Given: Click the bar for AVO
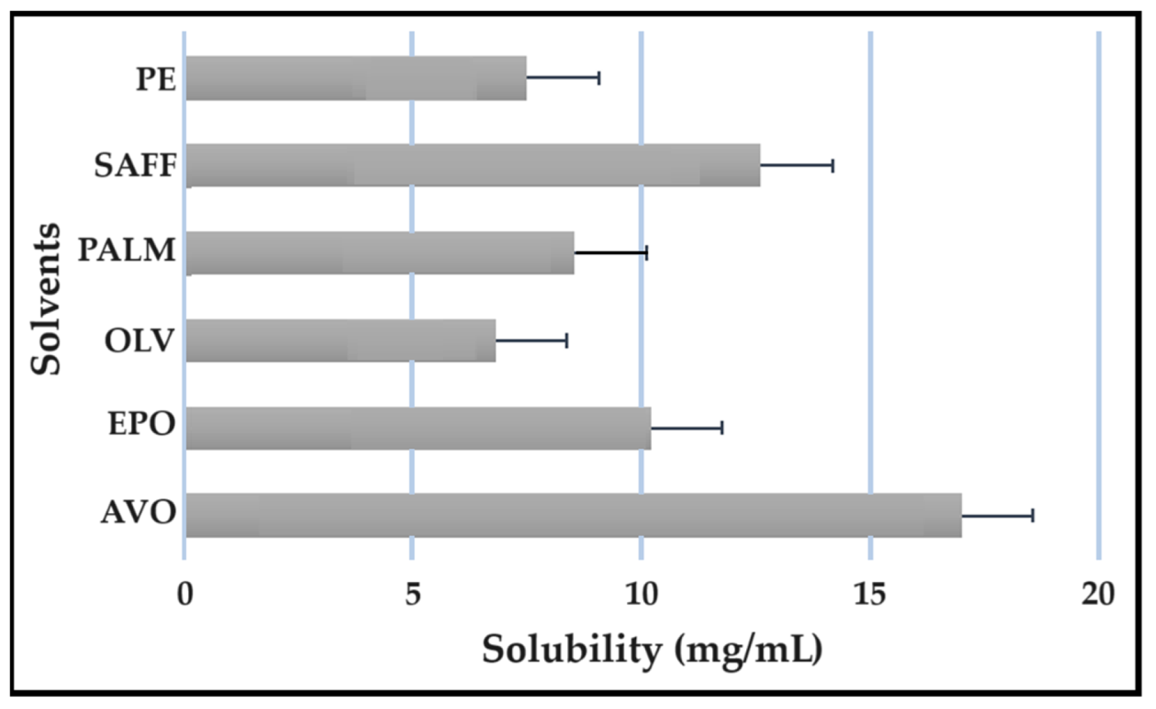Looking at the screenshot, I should (574, 515).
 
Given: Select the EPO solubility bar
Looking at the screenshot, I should (418, 428).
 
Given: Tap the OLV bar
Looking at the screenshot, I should (341, 340).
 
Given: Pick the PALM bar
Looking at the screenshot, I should (380, 252).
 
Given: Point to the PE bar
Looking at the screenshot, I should (356, 78).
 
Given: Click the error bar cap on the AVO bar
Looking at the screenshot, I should (1033, 516).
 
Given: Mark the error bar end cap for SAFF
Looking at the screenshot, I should (832, 166).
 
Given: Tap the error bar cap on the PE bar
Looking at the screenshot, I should (599, 78).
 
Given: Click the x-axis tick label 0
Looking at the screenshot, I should (185, 594).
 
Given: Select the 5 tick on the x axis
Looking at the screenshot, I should (412, 594).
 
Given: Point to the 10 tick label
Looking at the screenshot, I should (641, 594).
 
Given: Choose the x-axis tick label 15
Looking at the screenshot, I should (870, 594).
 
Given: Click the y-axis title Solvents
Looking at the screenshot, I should (47, 299).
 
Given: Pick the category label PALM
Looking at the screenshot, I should (127, 250).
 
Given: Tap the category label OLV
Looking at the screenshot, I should (140, 340).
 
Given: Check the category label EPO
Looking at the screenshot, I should (142, 424).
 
